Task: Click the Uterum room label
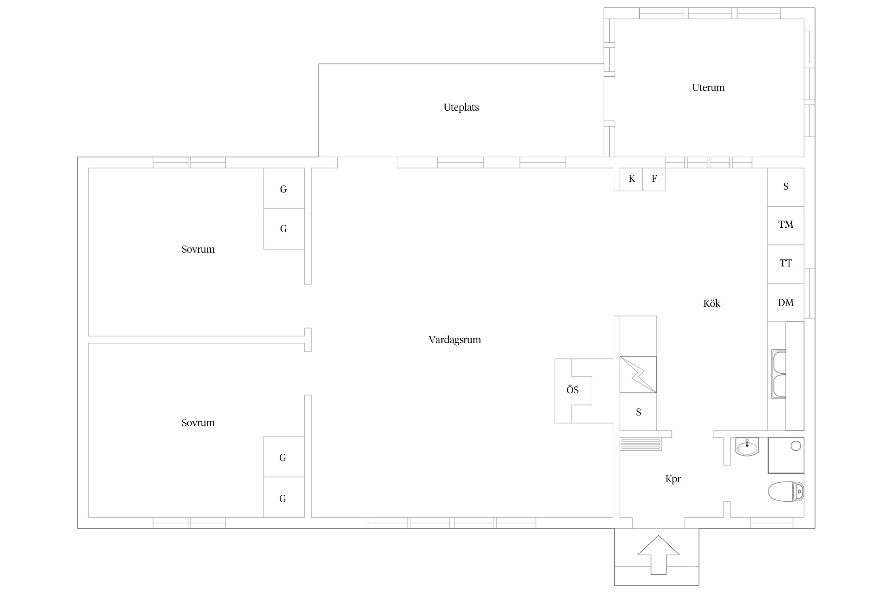708,87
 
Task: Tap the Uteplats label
461,108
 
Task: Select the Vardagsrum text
455,340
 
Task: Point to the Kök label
712,303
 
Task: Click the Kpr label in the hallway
673,479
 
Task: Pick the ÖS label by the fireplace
573,390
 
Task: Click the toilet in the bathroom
786,491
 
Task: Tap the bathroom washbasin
747,447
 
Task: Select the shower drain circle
796,446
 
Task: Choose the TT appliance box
785,264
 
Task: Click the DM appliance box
785,302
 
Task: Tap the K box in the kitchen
631,179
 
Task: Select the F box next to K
654,179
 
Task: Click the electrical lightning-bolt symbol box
638,375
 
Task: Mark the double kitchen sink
779,374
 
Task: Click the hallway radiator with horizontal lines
640,444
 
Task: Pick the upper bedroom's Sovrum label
198,249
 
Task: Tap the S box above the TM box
785,187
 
